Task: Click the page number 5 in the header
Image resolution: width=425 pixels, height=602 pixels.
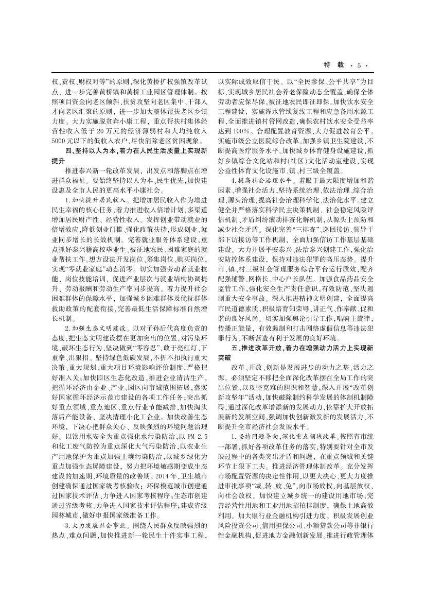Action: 359,65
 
